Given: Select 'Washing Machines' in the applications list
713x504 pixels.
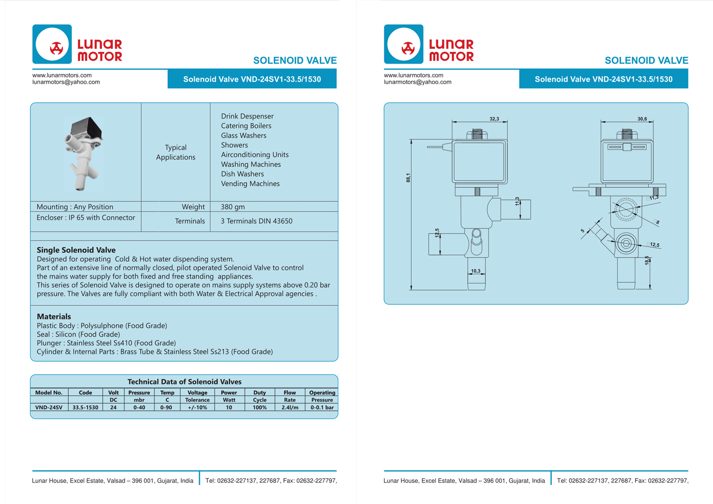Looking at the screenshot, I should click(250, 164).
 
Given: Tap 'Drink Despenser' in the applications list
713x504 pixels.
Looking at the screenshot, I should click(247, 117).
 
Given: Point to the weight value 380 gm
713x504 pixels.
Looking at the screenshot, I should click(233, 207).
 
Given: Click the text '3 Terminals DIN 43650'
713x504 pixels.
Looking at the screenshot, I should click(256, 221).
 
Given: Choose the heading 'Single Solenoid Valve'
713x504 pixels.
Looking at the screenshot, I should click(76, 250).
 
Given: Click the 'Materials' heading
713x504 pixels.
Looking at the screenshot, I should click(54, 317).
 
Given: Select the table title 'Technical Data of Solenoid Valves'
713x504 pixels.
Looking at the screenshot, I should click(184, 382).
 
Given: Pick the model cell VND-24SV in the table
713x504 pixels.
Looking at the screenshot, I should click(49, 408).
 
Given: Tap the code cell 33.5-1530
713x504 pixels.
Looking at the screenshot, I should click(85, 408).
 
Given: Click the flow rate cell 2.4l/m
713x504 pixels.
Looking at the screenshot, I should click(290, 408).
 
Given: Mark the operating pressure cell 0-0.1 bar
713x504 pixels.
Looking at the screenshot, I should click(322, 408).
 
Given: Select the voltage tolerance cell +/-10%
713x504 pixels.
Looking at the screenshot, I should click(197, 408).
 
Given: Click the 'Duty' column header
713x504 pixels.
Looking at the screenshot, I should click(260, 393).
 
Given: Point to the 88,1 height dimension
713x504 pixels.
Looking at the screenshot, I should click(408, 178).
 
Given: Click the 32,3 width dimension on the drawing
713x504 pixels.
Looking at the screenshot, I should click(494, 119).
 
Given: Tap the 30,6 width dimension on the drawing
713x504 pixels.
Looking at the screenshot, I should click(642, 119).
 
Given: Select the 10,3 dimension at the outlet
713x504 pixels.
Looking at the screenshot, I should click(476, 271).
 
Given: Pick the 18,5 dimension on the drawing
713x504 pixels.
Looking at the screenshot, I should click(647, 260).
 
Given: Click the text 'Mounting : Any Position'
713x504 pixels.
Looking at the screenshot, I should click(75, 207).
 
